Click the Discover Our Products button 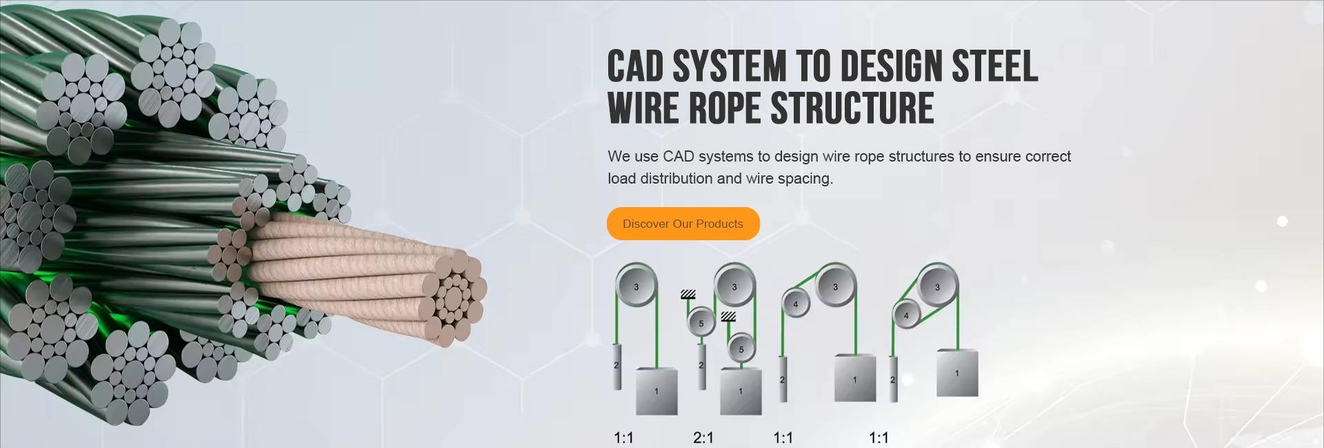[683, 224]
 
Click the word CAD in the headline [635, 67]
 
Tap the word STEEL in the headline [994, 67]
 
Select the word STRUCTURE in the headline [852, 108]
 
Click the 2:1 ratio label [703, 438]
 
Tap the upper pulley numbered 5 [701, 323]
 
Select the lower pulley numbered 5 [741, 349]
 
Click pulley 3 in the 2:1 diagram [734, 287]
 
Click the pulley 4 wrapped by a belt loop [906, 315]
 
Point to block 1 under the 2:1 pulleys [741, 391]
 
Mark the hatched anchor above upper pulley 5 [688, 295]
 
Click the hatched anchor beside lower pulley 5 [728, 317]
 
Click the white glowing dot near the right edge [1282, 222]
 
